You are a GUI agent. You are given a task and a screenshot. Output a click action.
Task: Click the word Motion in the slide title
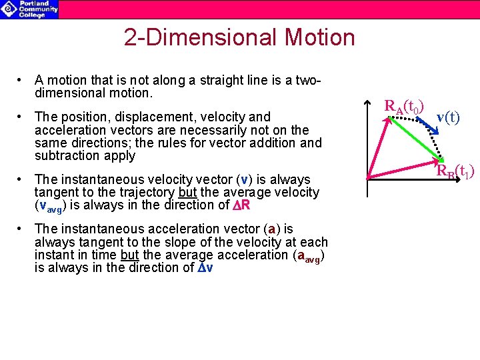click(320, 37)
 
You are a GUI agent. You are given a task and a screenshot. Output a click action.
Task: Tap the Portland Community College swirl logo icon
click(9, 9)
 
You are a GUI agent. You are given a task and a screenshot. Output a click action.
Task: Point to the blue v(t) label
click(447, 118)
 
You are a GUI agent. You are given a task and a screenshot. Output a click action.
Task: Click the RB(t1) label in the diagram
click(455, 172)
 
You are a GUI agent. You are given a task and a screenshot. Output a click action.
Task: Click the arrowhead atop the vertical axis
click(369, 103)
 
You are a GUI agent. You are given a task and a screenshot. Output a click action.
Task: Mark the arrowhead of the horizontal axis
click(477, 179)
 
